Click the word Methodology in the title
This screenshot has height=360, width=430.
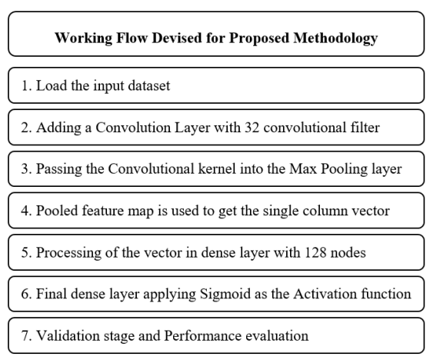[335, 38]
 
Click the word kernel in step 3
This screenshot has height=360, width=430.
[217, 169]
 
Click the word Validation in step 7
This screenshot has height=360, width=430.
[68, 335]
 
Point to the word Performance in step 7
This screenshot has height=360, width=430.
[202, 335]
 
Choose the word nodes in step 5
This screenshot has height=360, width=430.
[348, 252]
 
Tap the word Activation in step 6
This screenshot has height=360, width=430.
[325, 294]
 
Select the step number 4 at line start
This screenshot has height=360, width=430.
[25, 211]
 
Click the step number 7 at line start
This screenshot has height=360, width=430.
[25, 335]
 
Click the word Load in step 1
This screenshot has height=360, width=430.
[52, 85]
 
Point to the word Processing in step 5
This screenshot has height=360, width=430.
[68, 253]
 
